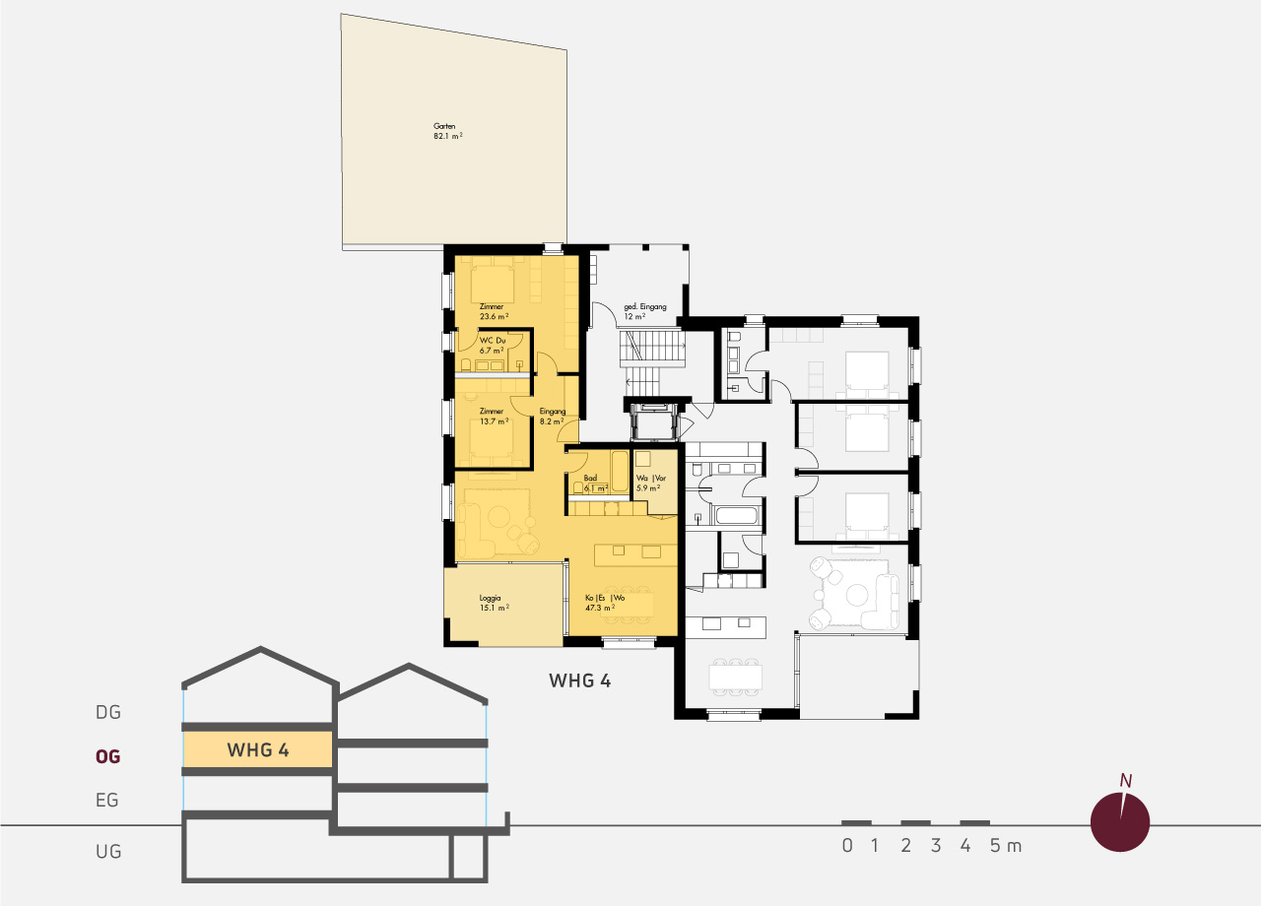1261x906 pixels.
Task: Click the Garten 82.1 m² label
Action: click(x=448, y=131)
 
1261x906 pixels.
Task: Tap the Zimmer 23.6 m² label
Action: click(x=494, y=312)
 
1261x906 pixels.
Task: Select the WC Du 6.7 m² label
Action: click(x=492, y=346)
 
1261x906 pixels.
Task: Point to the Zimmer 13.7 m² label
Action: click(x=494, y=417)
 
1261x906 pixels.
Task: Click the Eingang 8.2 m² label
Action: click(x=553, y=417)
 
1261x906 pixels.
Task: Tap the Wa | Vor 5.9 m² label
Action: click(x=651, y=484)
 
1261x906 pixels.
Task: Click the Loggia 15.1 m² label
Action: click(x=495, y=604)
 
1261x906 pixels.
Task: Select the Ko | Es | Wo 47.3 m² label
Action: click(x=605, y=603)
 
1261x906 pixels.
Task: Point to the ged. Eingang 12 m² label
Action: click(x=644, y=312)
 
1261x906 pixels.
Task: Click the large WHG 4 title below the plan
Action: click(x=580, y=680)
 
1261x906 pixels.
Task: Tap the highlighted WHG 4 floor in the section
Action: click(x=258, y=749)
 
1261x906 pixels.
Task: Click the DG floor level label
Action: click(x=108, y=712)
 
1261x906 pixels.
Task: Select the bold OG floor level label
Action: click(x=108, y=756)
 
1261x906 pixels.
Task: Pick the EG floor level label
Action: click(x=107, y=801)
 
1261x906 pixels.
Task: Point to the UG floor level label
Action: click(x=108, y=852)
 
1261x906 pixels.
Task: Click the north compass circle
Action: click(x=1120, y=822)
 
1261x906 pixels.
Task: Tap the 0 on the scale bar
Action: click(x=847, y=846)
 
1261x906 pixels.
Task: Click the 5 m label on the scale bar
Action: click(x=1006, y=846)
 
